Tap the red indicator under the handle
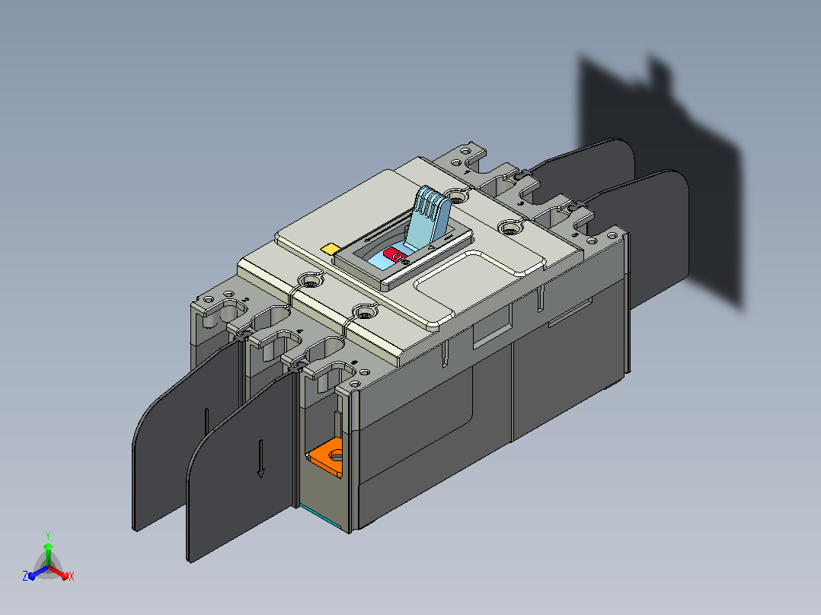396,256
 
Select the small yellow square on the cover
330,248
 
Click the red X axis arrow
59,572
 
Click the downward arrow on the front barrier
260,459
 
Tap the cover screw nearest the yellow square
311,281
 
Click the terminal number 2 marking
245,300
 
